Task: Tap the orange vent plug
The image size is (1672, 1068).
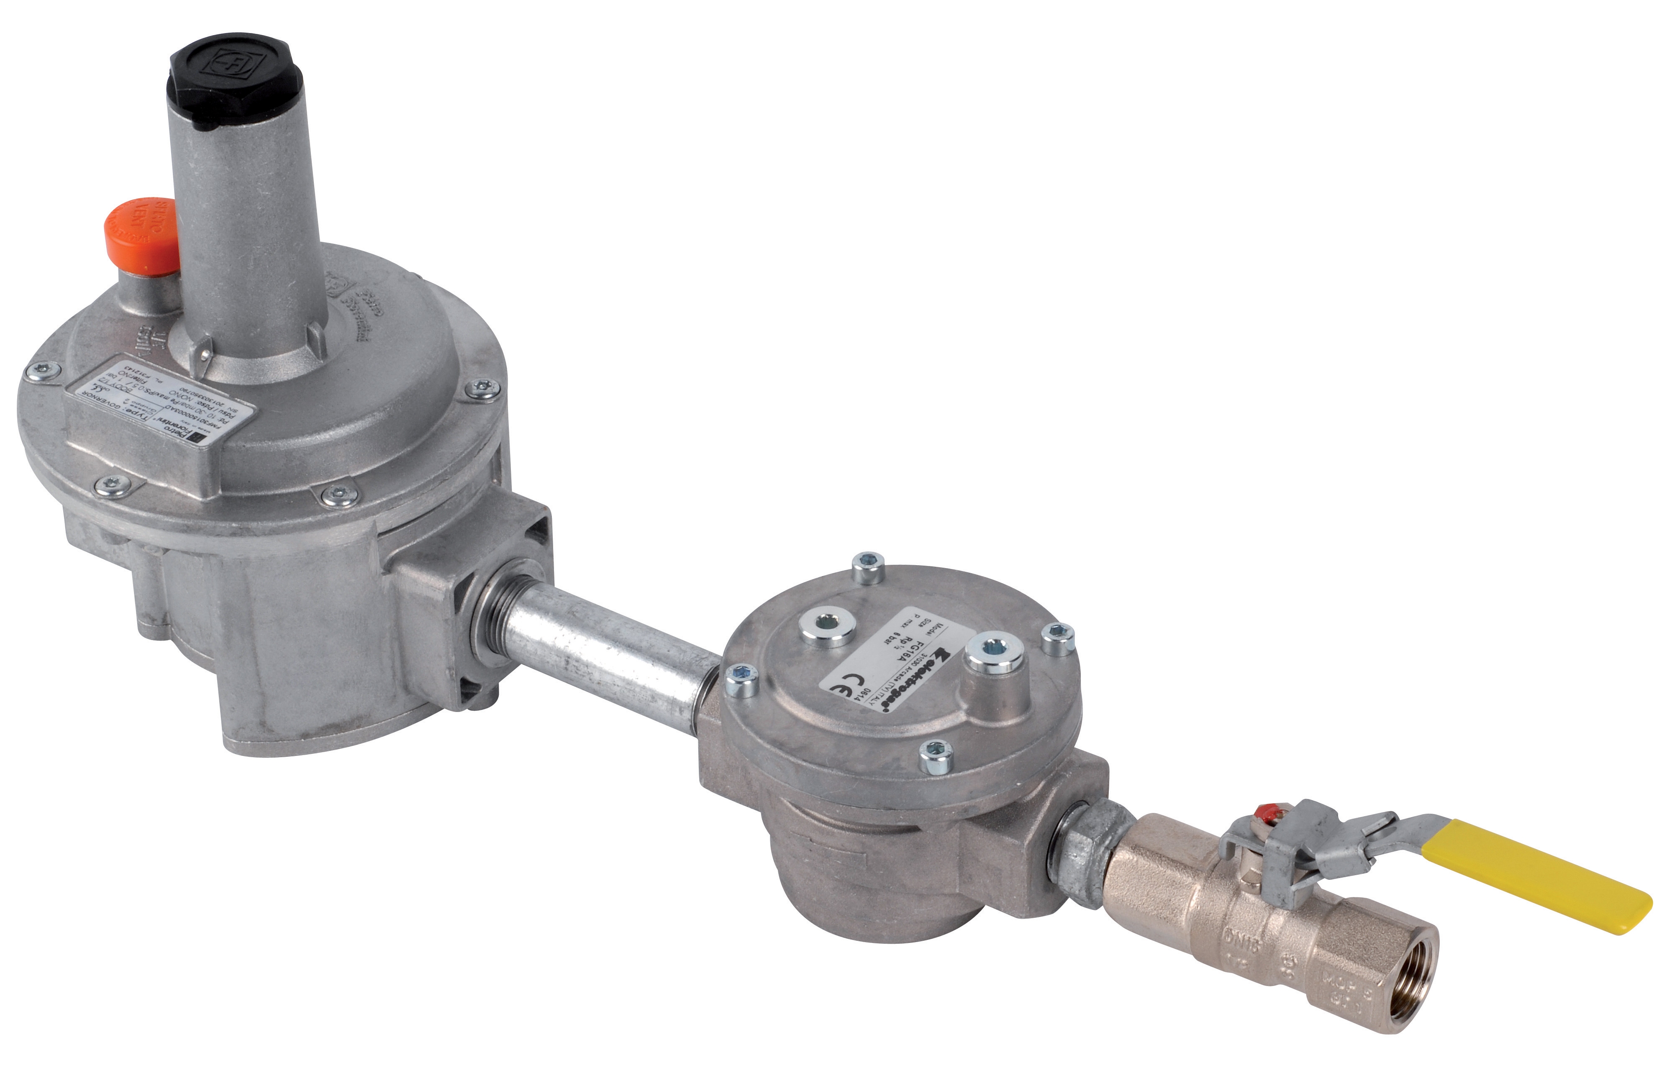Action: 142,230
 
